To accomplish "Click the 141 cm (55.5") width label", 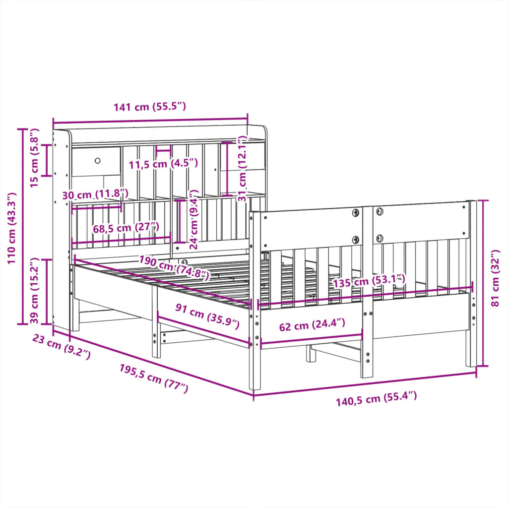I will click(149, 107).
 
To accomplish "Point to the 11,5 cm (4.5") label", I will click(163, 163).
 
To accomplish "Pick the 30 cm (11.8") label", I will click(95, 195).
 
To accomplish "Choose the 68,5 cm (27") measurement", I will click(126, 228).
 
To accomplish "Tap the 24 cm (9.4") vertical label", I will click(193, 219).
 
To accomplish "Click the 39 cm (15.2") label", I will click(34, 291).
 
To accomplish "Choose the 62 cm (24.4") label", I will click(312, 325).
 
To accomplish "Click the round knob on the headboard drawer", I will click(98, 161).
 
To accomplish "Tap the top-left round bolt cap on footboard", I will click(356, 213).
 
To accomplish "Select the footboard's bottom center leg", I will click(367, 347).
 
